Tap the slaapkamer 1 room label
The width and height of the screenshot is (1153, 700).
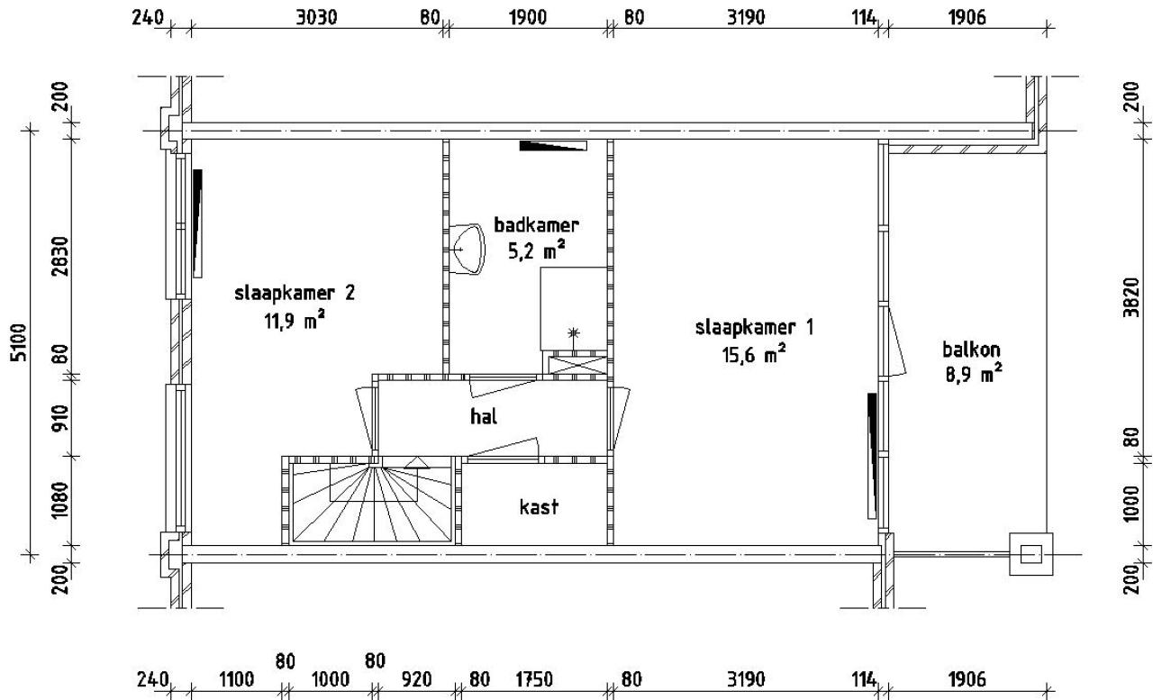pos(754,328)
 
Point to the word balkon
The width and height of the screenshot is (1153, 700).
pos(972,349)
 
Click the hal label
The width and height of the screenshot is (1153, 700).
pos(484,416)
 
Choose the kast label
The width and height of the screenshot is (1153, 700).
pos(539,507)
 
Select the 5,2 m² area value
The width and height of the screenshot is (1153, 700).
pos(537,252)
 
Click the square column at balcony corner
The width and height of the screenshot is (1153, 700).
pos(1030,552)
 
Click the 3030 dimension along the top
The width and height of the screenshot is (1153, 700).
pos(317,18)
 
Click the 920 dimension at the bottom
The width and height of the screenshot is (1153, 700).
pos(421,678)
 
